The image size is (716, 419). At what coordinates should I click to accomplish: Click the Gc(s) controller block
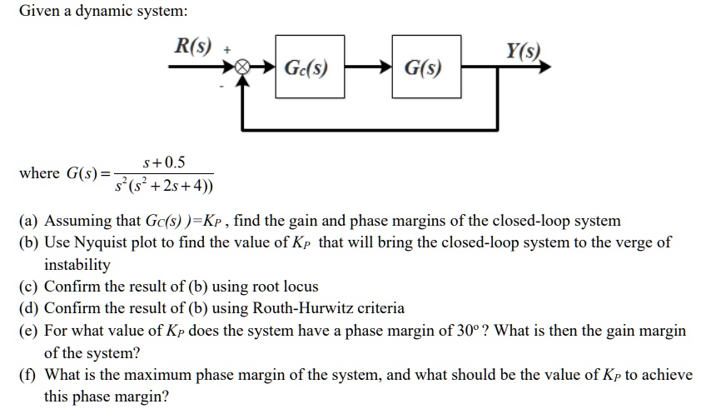coord(306,67)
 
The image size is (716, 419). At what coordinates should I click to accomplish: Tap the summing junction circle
coord(242,67)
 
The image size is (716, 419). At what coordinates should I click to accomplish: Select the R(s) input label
coord(191,42)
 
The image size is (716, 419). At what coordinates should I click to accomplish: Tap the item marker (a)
coord(29,222)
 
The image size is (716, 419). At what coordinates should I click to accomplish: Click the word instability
coord(77,265)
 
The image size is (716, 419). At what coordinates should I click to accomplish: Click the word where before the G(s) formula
coord(39,173)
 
